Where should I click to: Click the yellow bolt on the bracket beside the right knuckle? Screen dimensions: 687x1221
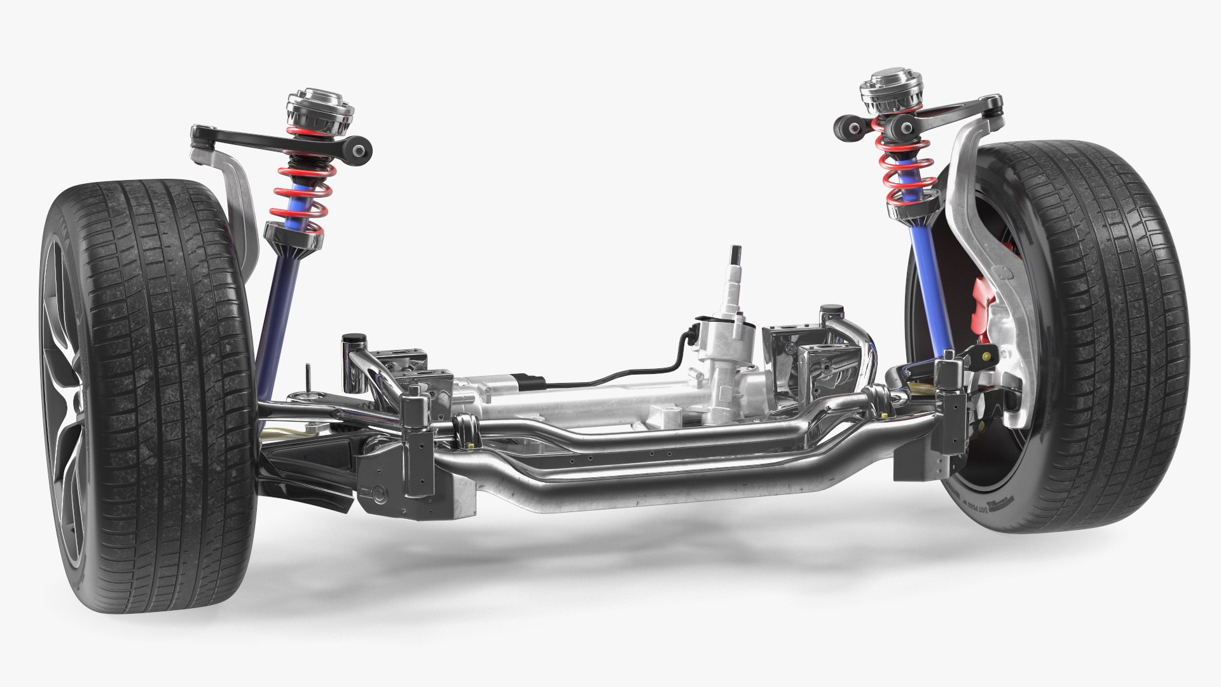(988, 356)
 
